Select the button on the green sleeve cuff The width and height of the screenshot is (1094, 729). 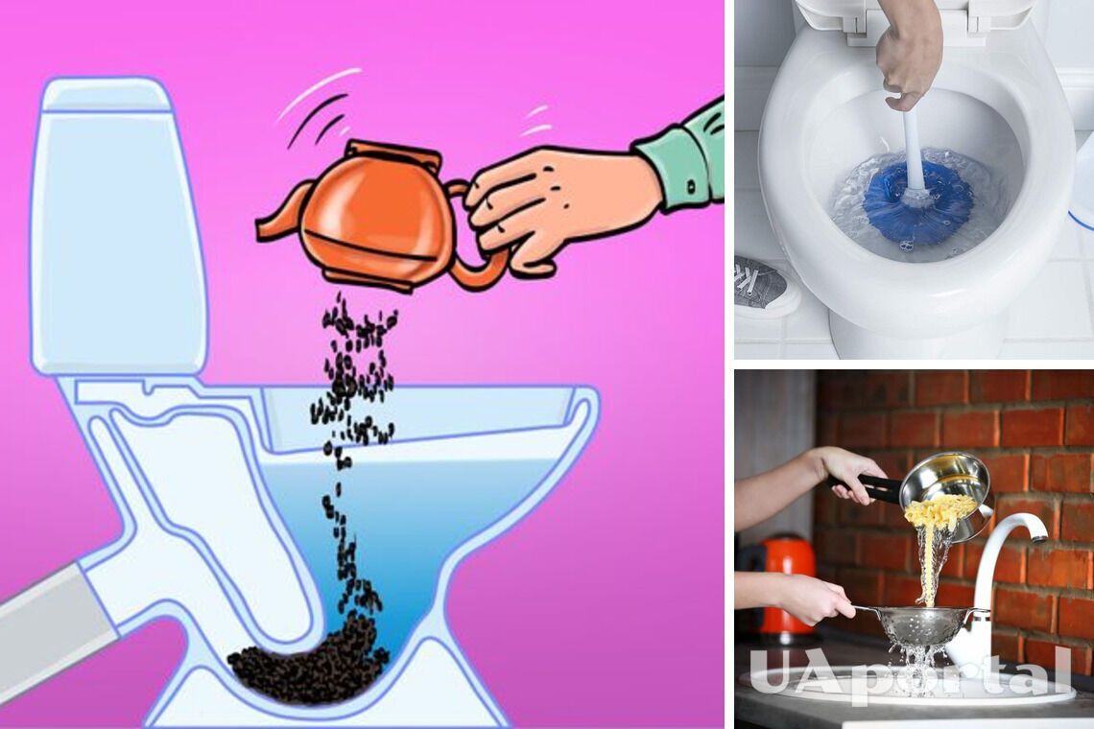pyautogui.click(x=690, y=187)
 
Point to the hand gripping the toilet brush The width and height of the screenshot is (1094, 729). pyautogui.click(x=907, y=53)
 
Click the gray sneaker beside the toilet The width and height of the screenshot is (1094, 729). pyautogui.click(x=760, y=279)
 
